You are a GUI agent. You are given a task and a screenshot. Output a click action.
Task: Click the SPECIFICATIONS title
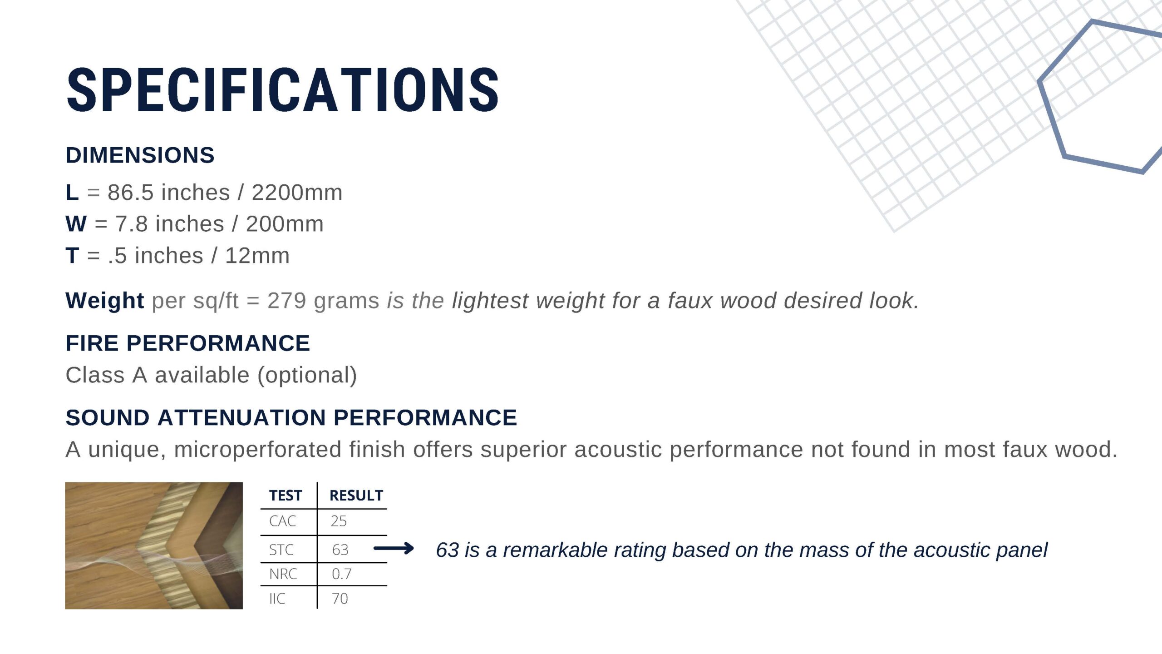click(282, 89)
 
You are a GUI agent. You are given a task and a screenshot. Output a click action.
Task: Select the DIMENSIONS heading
click(140, 155)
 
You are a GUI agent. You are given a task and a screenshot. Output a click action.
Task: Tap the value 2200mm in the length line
click(297, 193)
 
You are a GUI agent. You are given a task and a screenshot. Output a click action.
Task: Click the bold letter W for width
click(76, 224)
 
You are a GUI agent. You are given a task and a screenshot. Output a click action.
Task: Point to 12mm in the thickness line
click(257, 256)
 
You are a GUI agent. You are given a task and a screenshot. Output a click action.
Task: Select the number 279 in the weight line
click(287, 301)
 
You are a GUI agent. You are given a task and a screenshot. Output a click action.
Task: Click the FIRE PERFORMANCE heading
click(188, 343)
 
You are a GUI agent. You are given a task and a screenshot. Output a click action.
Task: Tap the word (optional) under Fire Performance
click(307, 376)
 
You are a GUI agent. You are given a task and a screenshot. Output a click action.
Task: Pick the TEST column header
click(286, 495)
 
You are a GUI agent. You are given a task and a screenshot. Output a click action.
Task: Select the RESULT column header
click(356, 495)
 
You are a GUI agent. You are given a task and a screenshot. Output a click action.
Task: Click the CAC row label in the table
click(282, 521)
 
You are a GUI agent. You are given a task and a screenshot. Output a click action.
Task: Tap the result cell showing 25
click(339, 521)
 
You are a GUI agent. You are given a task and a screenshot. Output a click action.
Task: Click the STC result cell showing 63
click(340, 550)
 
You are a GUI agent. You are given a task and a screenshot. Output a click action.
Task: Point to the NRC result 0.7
click(341, 574)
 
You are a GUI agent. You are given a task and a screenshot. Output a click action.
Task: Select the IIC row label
click(277, 599)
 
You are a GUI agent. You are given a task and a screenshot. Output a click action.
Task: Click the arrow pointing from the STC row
click(394, 549)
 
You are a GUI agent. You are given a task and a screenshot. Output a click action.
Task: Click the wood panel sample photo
click(154, 545)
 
